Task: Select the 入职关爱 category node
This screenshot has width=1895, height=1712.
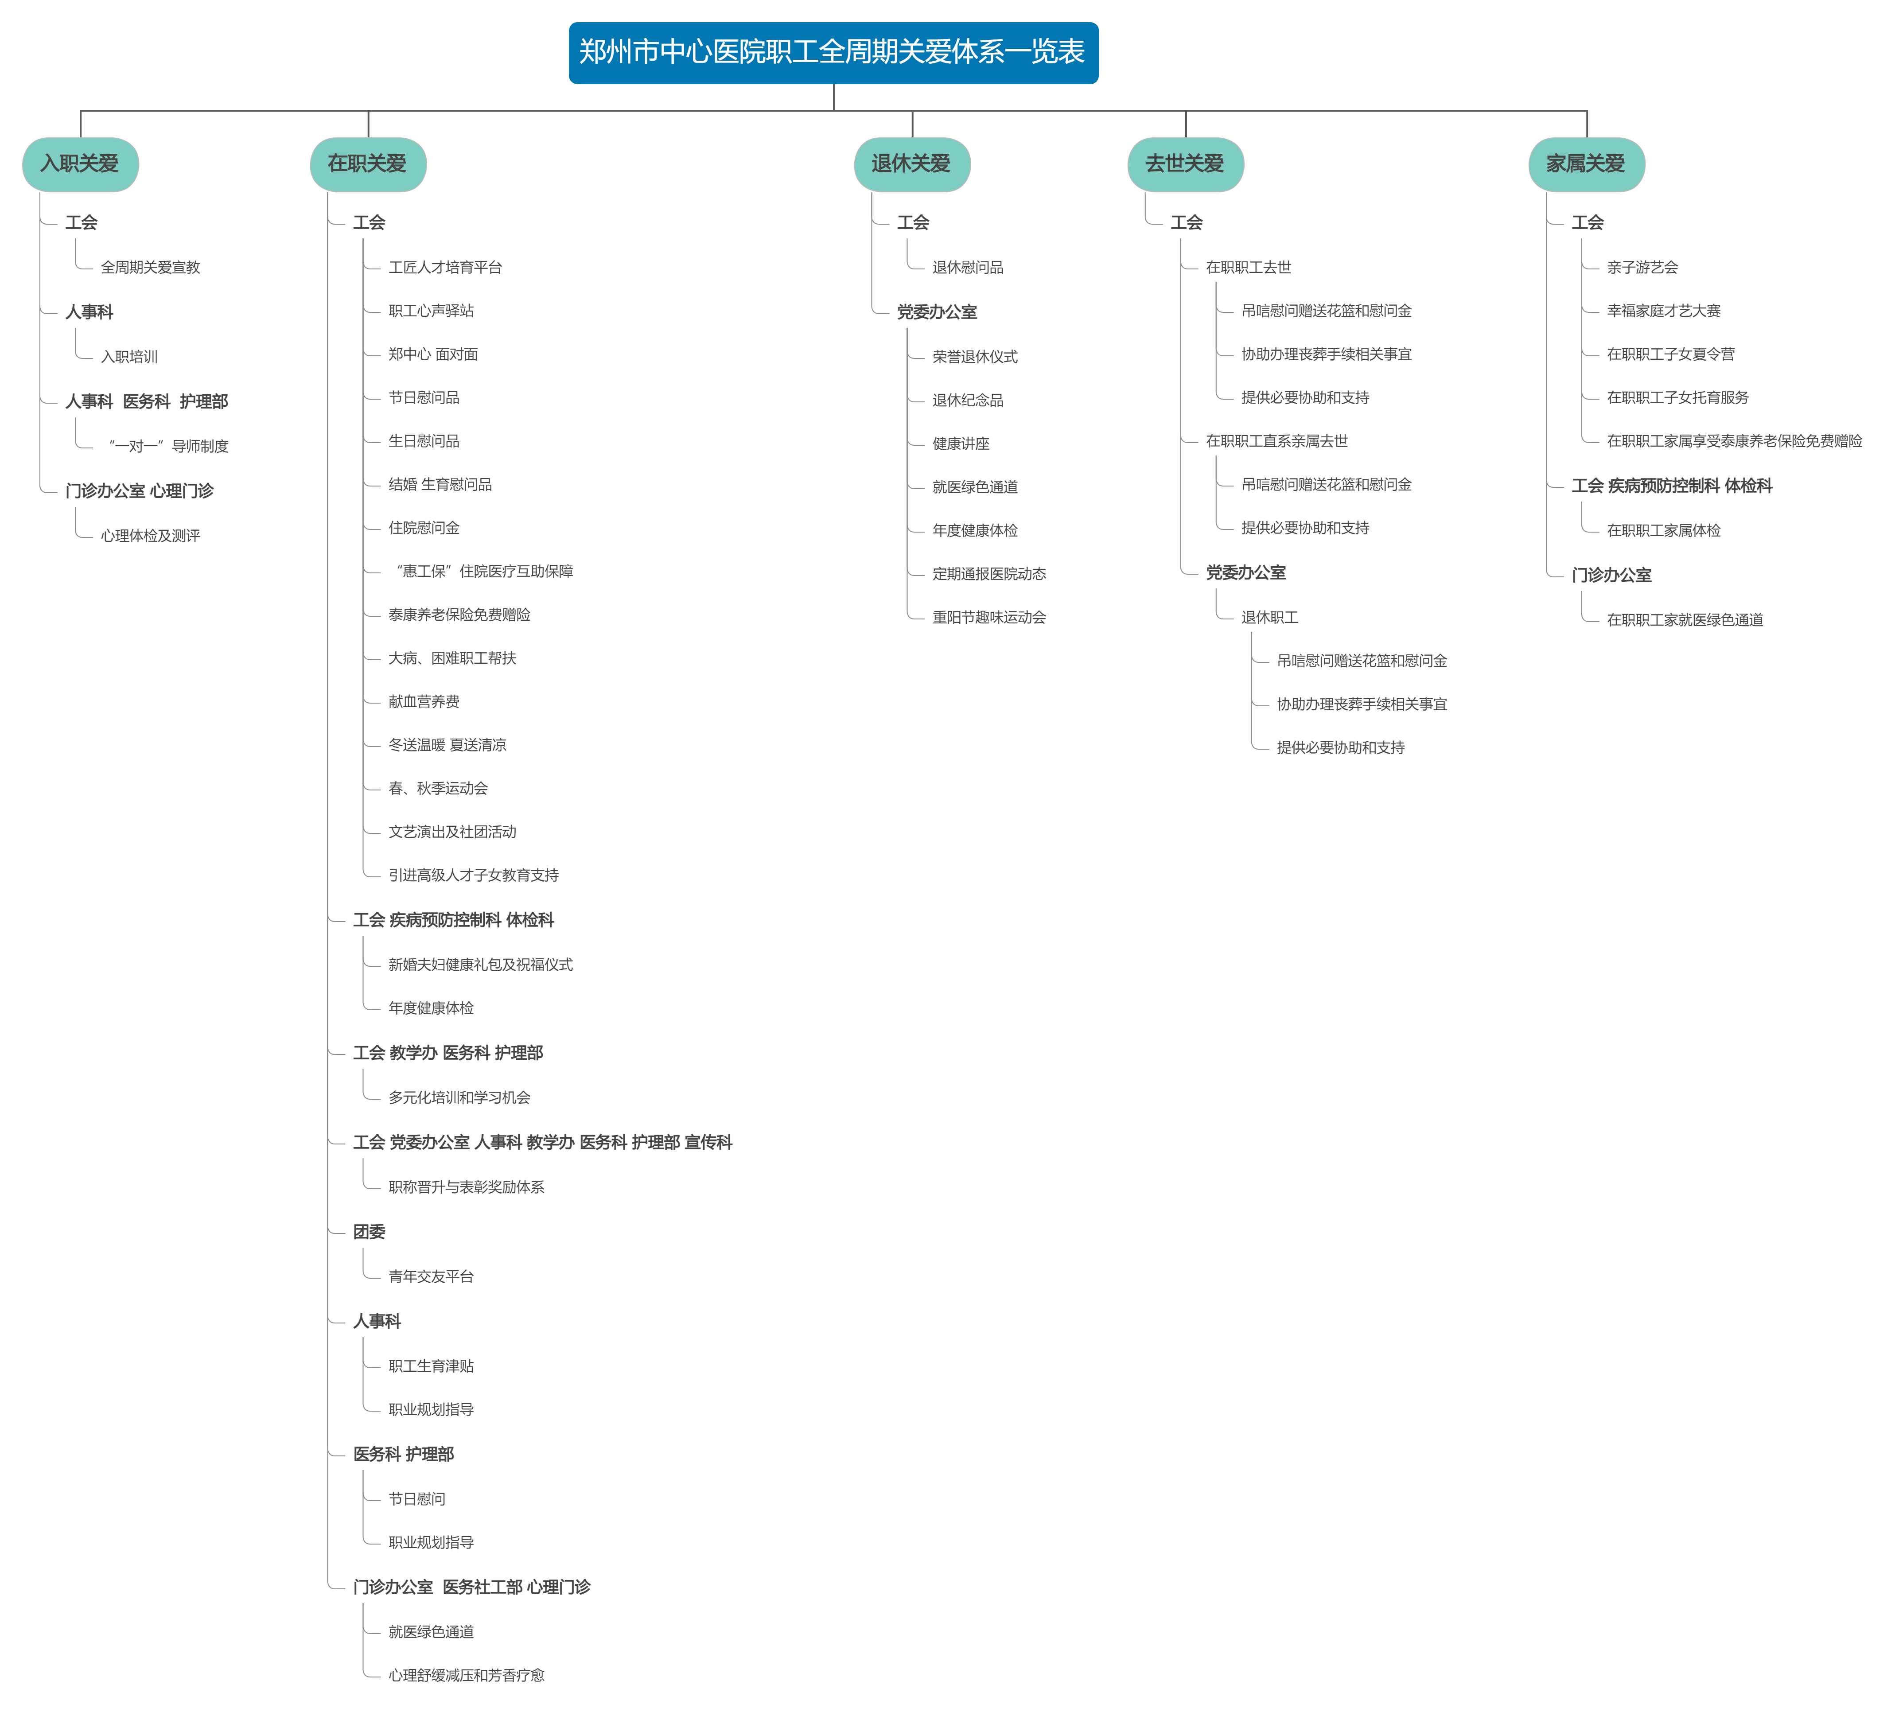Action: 80,164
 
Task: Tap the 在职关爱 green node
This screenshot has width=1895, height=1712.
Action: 368,164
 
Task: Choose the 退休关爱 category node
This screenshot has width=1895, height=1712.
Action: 912,164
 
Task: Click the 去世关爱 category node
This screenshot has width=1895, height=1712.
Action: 1185,164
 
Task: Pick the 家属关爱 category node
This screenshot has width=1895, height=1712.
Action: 1587,164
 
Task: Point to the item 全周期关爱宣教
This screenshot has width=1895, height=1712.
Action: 150,267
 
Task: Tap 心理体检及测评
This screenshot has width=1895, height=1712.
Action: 150,535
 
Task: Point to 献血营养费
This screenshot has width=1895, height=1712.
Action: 424,701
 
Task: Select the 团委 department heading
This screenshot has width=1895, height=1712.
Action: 370,1232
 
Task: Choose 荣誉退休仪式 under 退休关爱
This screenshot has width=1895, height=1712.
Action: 975,356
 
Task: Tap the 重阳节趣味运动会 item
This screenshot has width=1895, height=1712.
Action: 989,617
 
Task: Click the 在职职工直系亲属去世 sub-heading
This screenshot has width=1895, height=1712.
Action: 1276,441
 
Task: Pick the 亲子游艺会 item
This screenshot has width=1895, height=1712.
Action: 1642,267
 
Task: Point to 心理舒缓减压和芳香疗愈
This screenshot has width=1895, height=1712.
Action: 466,1674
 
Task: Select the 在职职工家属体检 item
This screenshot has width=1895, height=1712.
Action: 1664,530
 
